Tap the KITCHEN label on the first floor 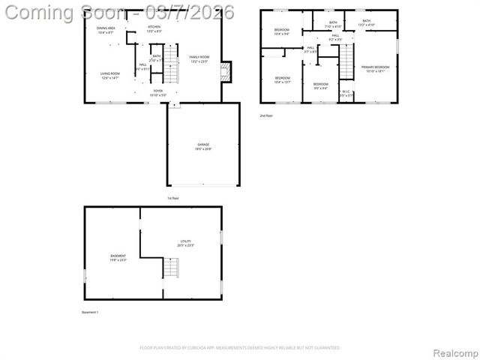point(154,28)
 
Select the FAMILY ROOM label point(199,58)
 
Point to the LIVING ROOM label point(110,75)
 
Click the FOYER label point(157,92)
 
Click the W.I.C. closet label point(346,94)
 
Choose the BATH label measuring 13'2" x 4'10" point(366,22)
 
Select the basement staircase point(172,267)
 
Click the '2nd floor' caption point(266,115)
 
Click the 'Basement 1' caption point(90,312)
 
